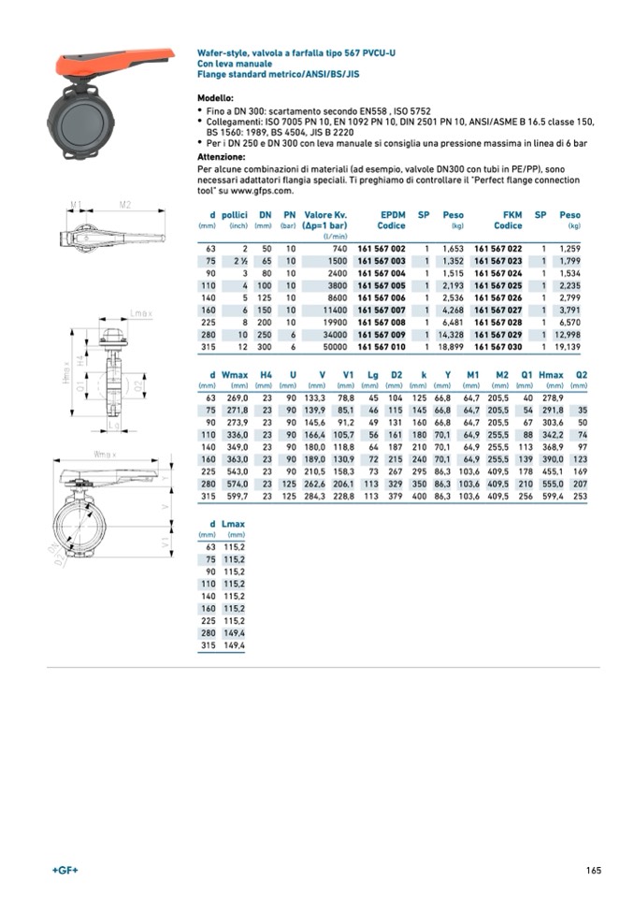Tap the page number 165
592,872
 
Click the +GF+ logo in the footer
65,872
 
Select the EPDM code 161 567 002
381,248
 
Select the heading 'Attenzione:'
221,157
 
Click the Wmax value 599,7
234,496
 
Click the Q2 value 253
580,496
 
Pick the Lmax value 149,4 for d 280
233,633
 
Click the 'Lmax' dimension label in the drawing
142,312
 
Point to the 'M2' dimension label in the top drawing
123,204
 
